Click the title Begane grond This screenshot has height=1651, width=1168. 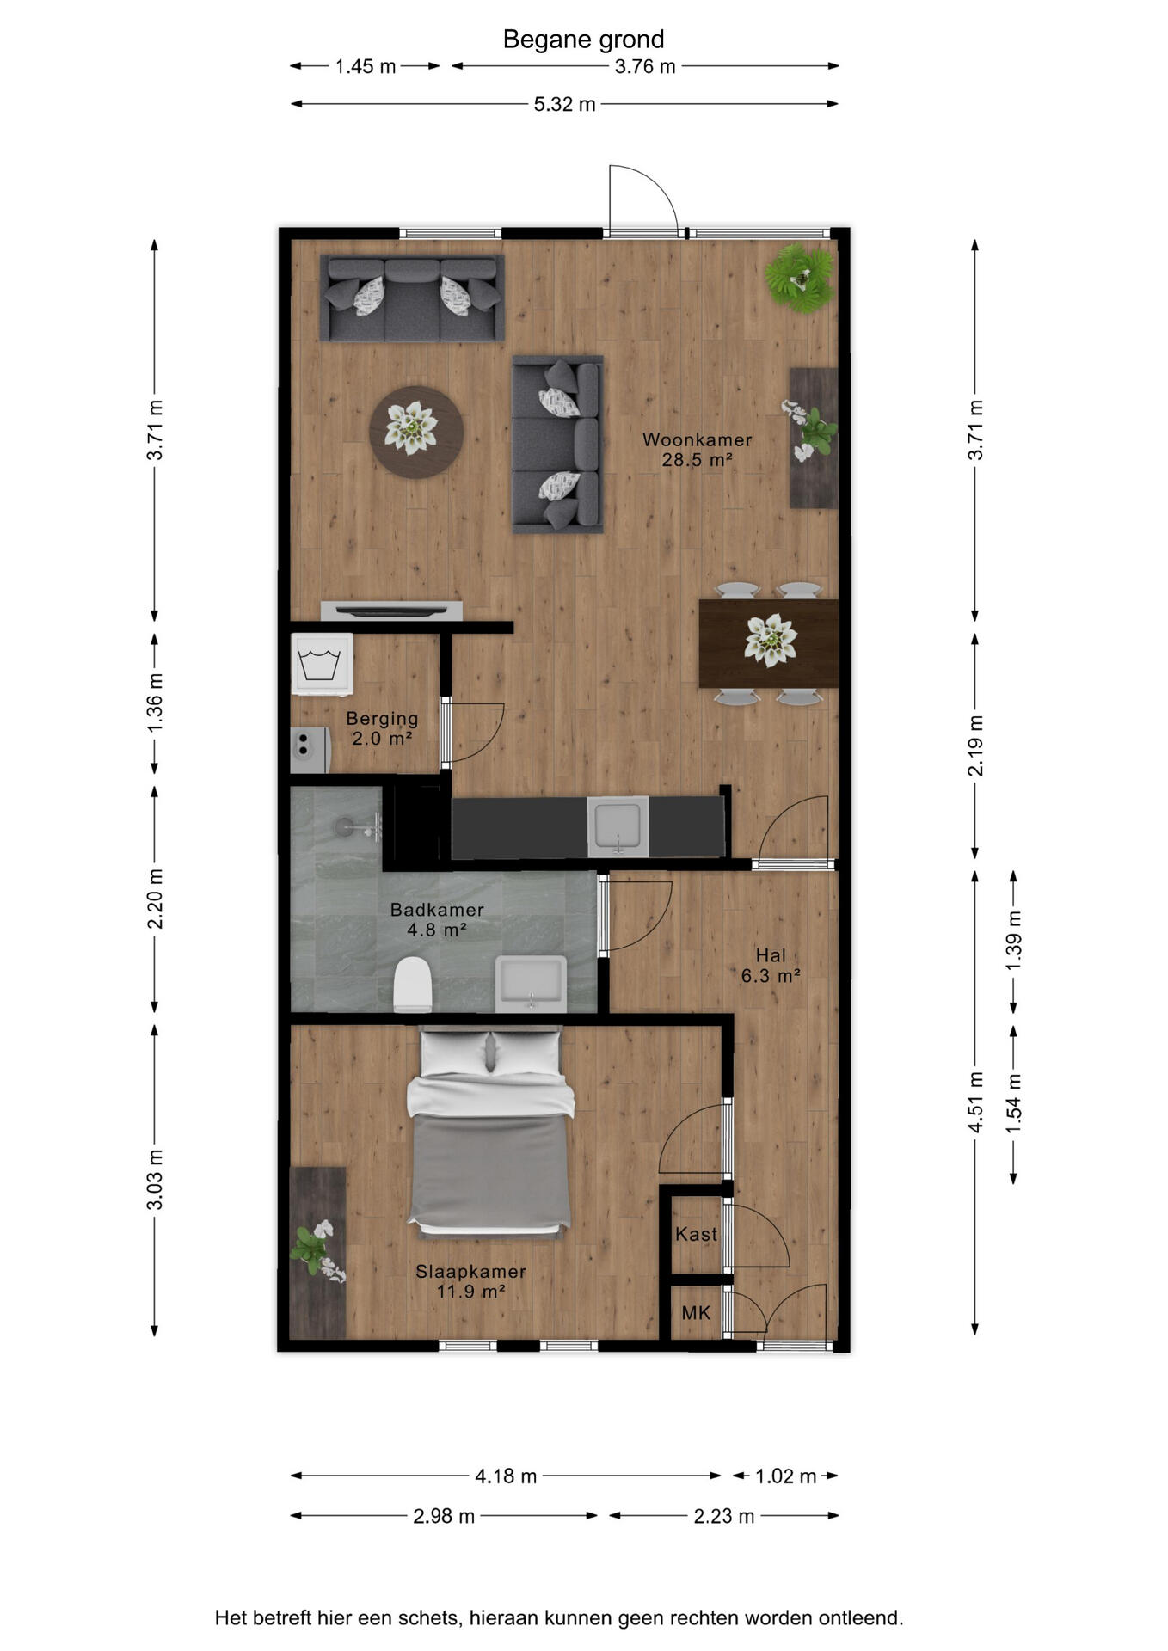tap(583, 40)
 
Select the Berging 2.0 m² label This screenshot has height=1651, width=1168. tap(382, 728)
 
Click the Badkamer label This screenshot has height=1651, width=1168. tap(437, 909)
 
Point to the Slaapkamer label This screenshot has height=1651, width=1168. tap(470, 1272)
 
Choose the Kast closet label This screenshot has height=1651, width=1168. tap(696, 1235)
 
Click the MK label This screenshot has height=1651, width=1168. tap(696, 1313)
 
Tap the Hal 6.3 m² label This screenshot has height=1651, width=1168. tap(771, 966)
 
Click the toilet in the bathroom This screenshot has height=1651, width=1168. tap(413, 985)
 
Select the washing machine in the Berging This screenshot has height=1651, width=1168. tap(322, 664)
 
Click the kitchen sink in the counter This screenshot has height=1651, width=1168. tap(618, 826)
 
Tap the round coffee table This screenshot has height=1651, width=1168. tap(416, 432)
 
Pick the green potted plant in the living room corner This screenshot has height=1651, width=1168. tap(800, 277)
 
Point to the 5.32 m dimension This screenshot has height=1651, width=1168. tap(564, 104)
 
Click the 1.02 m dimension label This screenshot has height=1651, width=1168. tap(785, 1476)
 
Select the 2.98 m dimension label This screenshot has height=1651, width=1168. tap(444, 1516)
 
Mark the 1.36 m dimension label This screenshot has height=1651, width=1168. tap(155, 703)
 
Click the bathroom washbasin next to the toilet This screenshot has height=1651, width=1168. tap(531, 982)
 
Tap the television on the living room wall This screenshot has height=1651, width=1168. tap(391, 611)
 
